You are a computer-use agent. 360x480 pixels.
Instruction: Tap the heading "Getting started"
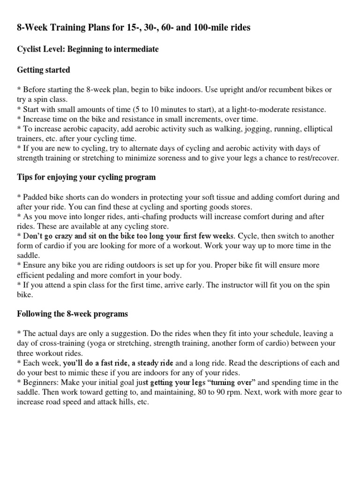click(44, 70)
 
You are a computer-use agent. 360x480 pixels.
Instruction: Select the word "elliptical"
click(315, 128)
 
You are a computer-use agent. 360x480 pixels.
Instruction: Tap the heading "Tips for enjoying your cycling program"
click(87, 177)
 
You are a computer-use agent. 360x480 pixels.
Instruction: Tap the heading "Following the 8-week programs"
click(72, 314)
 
